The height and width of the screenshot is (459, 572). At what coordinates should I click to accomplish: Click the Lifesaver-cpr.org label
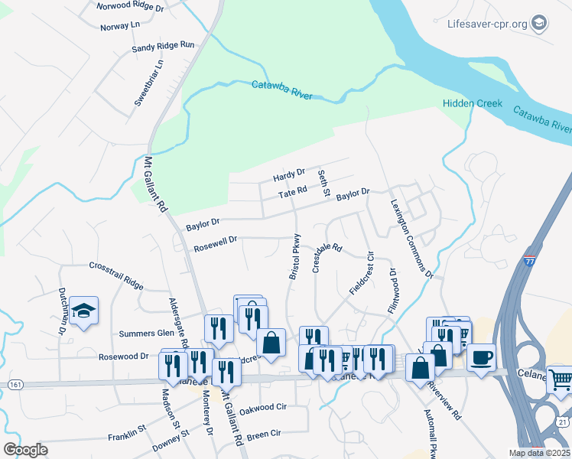pyautogui.click(x=487, y=24)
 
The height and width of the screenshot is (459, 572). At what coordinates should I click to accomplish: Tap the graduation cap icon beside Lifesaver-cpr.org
pyautogui.click(x=539, y=23)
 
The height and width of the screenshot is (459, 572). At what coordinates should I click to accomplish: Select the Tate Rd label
pyautogui.click(x=292, y=192)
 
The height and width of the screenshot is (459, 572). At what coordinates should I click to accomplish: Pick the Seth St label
pyautogui.click(x=323, y=184)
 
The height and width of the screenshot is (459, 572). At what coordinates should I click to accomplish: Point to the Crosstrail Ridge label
pyautogui.click(x=115, y=275)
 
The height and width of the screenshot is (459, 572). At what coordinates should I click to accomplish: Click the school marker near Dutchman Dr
pyautogui.click(x=83, y=311)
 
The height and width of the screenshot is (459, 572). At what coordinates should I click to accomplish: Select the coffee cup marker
pyautogui.click(x=481, y=356)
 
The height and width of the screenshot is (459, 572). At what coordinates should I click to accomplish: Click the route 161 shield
pyautogui.click(x=15, y=383)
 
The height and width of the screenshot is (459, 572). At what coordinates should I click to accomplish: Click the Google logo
pyautogui.click(x=25, y=450)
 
